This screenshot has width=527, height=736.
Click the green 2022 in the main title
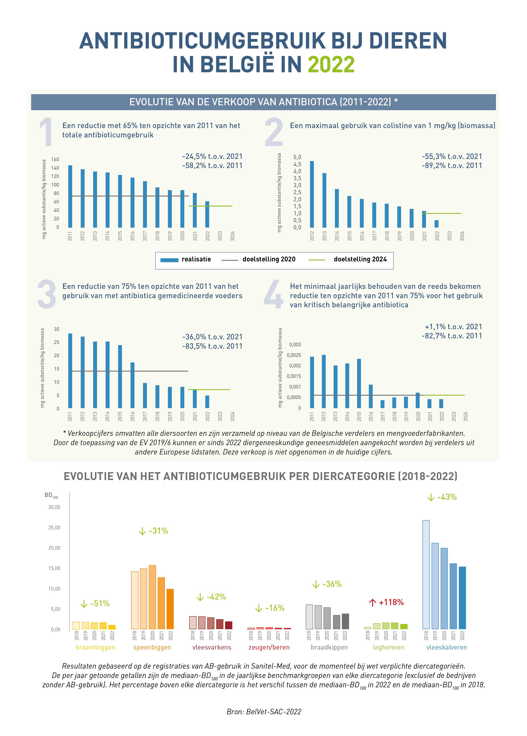click(x=331, y=64)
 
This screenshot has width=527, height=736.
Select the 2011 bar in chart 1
click(x=70, y=196)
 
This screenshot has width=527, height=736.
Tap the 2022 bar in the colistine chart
click(x=437, y=224)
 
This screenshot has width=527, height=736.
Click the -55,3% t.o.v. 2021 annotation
click(x=452, y=156)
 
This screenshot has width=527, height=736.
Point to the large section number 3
click(x=47, y=294)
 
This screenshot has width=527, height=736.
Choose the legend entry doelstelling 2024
click(x=360, y=259)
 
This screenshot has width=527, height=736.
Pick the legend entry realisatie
click(x=196, y=259)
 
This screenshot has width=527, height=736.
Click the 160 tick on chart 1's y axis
click(x=55, y=159)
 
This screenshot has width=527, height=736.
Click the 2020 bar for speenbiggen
click(x=152, y=597)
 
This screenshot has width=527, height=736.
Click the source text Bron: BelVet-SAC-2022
click(x=264, y=712)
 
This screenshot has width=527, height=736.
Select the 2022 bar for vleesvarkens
click(x=229, y=625)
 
